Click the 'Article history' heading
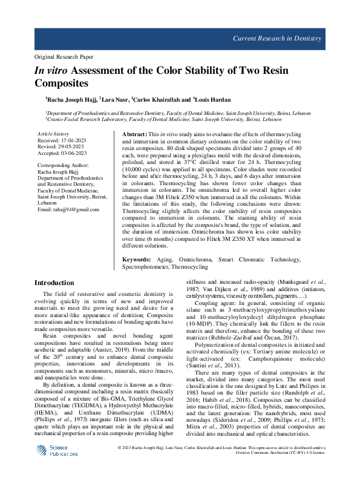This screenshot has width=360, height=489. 53,133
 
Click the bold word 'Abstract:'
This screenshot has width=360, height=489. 135,133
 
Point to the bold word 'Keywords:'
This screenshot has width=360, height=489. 137,259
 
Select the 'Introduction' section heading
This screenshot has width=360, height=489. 54,283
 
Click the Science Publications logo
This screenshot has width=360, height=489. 56,451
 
